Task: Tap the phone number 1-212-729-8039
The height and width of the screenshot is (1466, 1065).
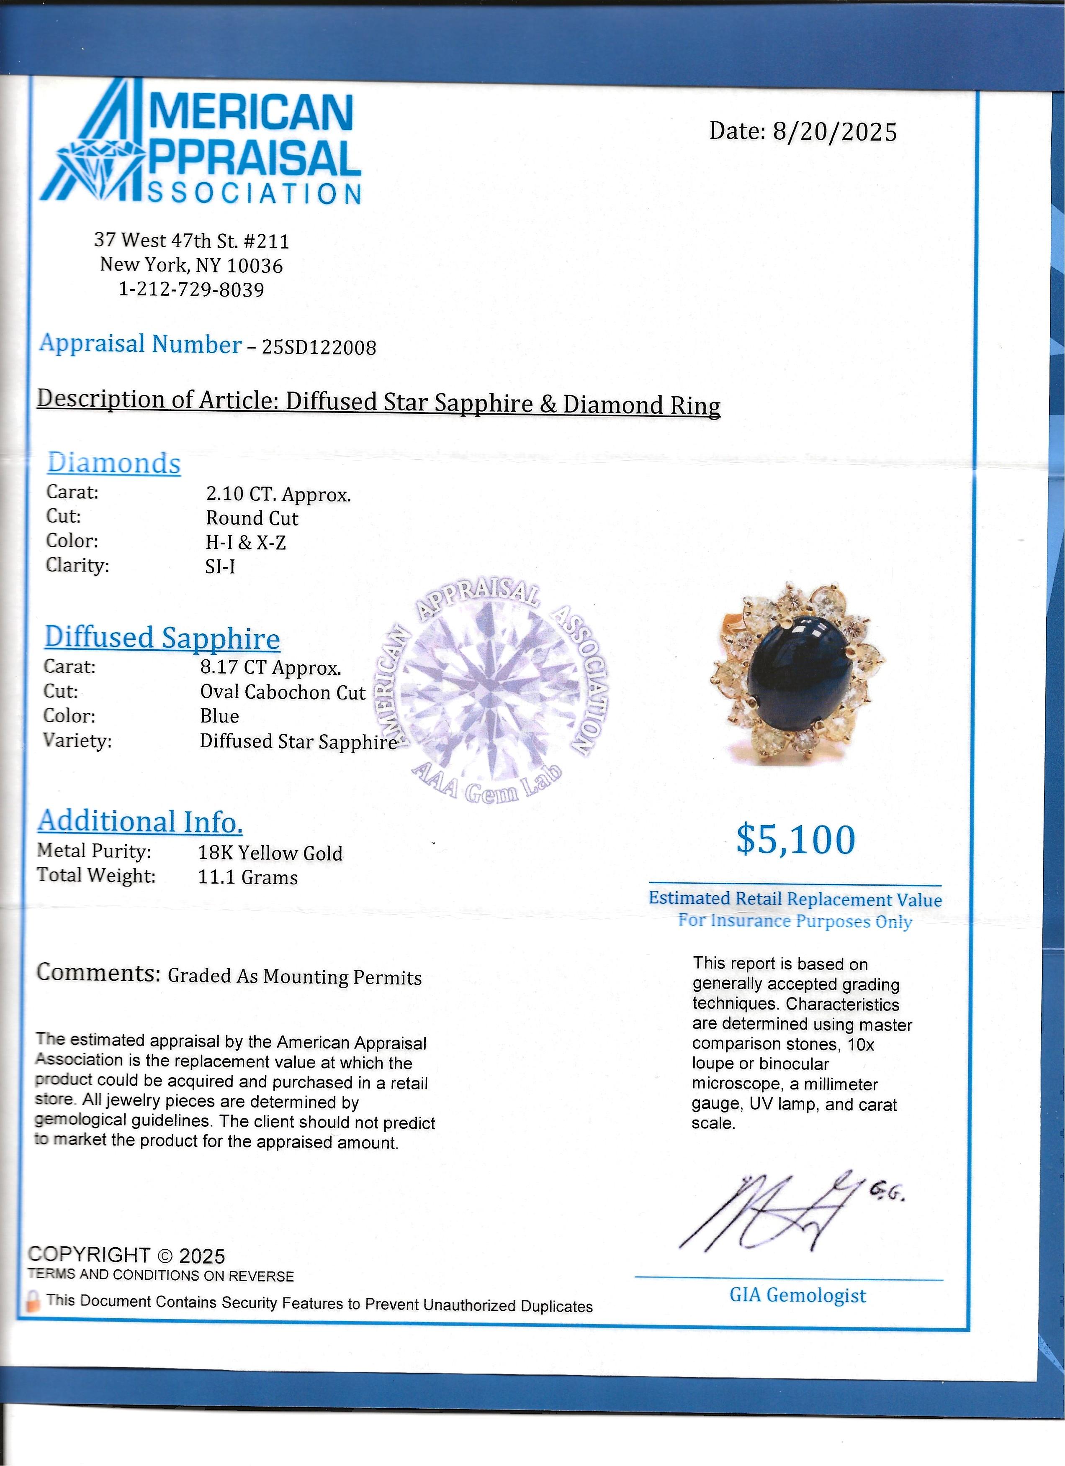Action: click(x=191, y=289)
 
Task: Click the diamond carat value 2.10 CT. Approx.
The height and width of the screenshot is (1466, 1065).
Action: click(x=278, y=495)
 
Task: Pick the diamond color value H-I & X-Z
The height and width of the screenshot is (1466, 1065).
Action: click(x=246, y=542)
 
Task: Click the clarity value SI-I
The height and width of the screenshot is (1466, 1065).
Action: click(x=220, y=567)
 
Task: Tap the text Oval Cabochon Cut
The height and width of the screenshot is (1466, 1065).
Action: click(x=283, y=692)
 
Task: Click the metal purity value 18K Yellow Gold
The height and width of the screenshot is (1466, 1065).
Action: click(x=270, y=853)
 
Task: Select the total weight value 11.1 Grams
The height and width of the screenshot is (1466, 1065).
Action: click(x=248, y=877)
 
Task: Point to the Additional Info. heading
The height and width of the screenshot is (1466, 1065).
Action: click(x=140, y=821)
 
